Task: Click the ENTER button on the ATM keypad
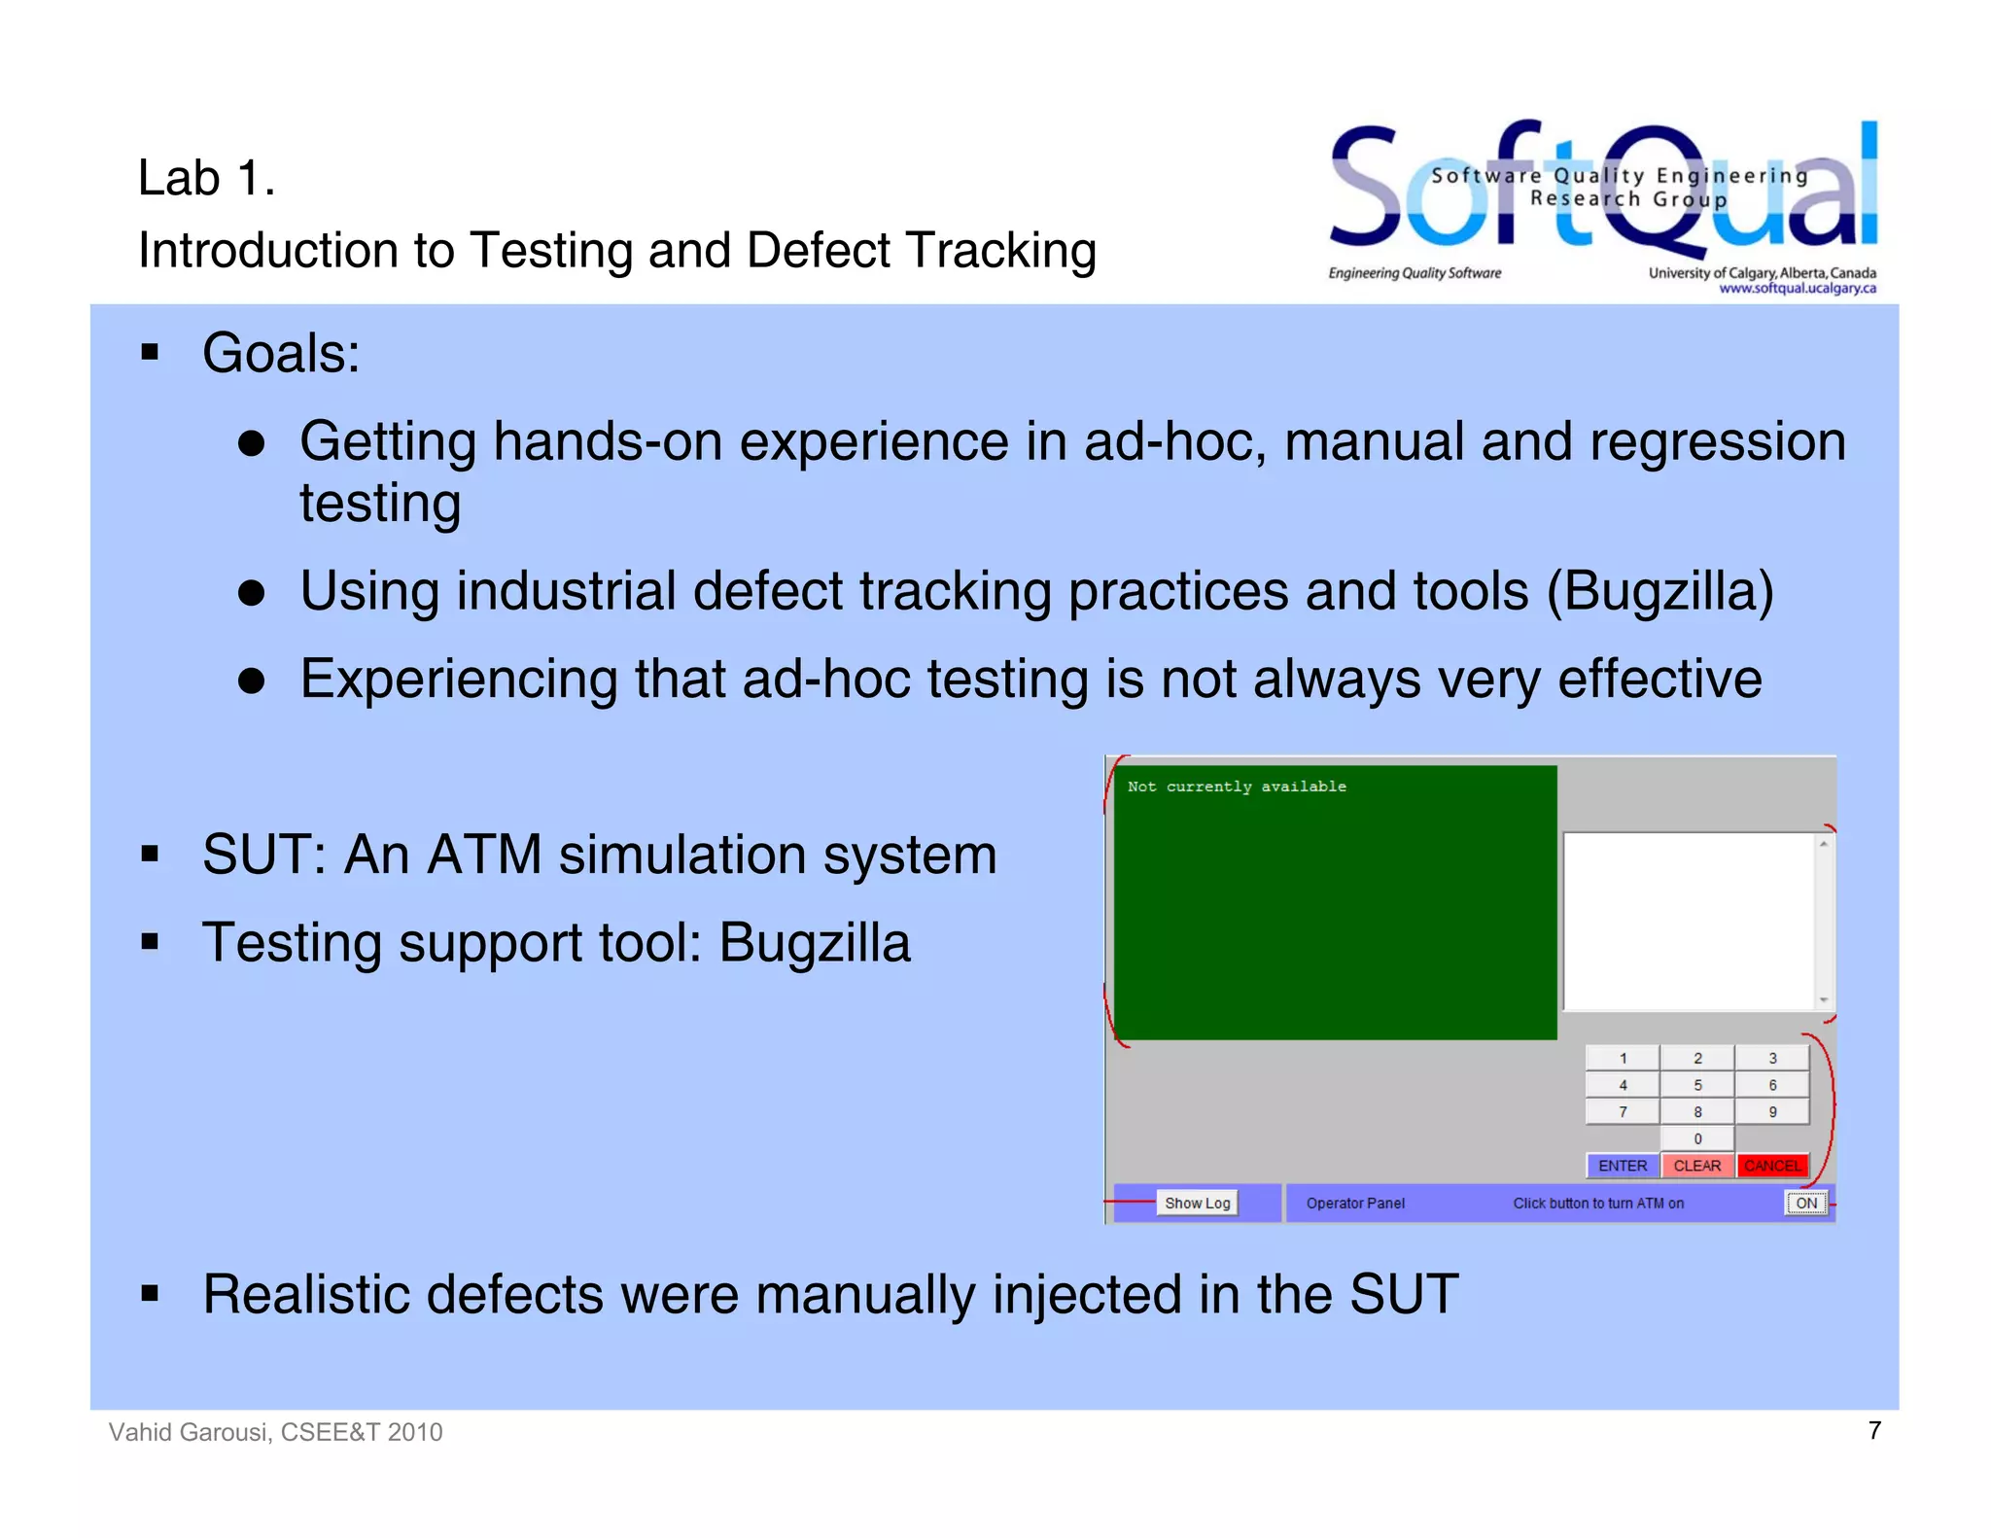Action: click(x=1622, y=1165)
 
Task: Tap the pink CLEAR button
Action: click(x=1696, y=1165)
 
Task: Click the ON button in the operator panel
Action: click(x=1805, y=1203)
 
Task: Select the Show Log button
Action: click(x=1197, y=1203)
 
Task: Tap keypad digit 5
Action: click(x=1697, y=1085)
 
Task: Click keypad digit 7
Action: click(x=1623, y=1111)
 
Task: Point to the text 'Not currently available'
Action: click(x=1237, y=786)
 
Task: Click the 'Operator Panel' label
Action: click(x=1355, y=1203)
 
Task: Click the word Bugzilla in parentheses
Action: click(x=1659, y=591)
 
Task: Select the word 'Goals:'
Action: click(x=281, y=353)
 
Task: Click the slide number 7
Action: click(x=1874, y=1430)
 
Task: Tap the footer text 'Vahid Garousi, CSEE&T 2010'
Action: click(x=275, y=1432)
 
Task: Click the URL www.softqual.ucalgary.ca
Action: click(x=1797, y=288)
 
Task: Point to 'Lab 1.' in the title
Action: click(x=206, y=178)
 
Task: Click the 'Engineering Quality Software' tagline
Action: click(x=1415, y=273)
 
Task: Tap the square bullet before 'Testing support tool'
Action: click(x=150, y=942)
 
